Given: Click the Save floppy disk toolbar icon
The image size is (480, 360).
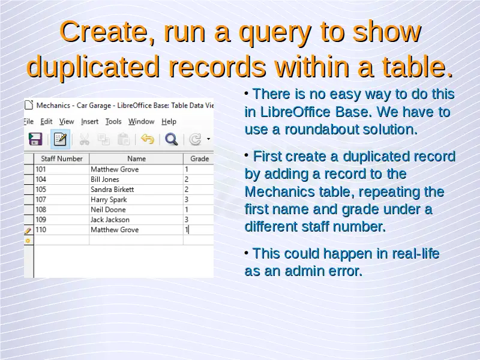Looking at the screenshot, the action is [35, 139].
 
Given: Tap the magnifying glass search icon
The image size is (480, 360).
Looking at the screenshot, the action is [171, 139].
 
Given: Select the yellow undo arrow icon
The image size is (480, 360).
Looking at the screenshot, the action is [148, 139].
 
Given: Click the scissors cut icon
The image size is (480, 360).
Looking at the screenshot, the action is [84, 139].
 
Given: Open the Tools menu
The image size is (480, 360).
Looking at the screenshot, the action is [113, 122].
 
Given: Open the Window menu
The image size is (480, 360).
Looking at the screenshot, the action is [141, 122].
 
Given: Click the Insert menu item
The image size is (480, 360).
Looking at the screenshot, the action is [89, 122].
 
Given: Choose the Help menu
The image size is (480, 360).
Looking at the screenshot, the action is [169, 122].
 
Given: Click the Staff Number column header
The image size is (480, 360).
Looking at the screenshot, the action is [62, 158].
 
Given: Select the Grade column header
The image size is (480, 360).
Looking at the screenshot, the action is [199, 158].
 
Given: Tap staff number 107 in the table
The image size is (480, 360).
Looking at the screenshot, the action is [41, 200].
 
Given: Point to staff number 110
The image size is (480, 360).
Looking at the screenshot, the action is [41, 230].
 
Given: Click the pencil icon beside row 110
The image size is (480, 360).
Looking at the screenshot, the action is [28, 230].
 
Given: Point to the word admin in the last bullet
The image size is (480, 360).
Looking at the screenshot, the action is [304, 271].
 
